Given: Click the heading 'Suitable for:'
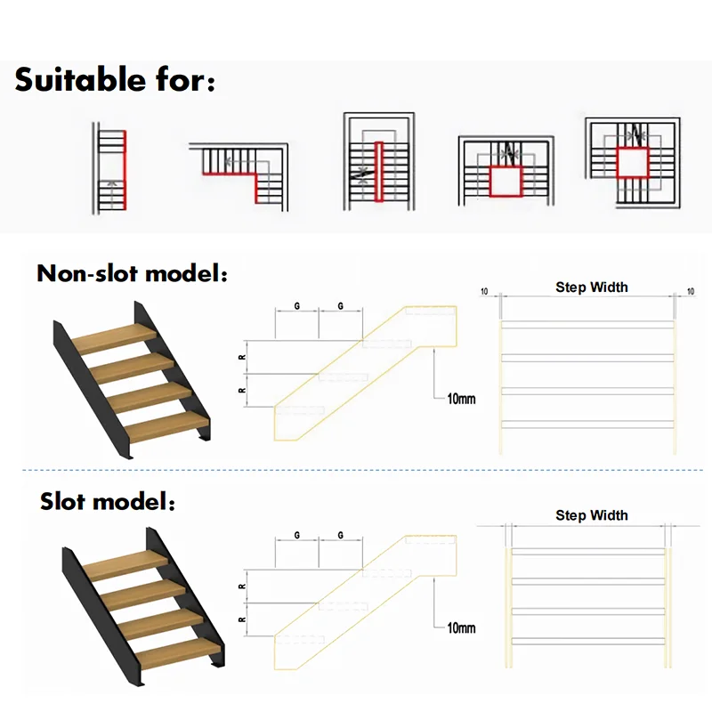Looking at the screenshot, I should click(115, 81).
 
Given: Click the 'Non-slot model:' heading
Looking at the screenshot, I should click(133, 273).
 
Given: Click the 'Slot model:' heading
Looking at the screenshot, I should click(108, 501).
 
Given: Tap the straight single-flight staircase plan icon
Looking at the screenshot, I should click(111, 169).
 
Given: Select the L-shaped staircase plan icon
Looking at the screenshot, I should click(240, 174).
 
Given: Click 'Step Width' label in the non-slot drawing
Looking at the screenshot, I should click(592, 287).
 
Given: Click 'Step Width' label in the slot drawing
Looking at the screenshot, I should click(592, 515).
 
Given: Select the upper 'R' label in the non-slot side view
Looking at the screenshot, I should click(243, 358).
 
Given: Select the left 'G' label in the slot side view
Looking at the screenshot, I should click(295, 536).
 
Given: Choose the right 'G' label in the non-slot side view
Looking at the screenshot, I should click(341, 307).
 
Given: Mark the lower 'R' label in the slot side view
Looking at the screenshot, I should click(243, 619).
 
